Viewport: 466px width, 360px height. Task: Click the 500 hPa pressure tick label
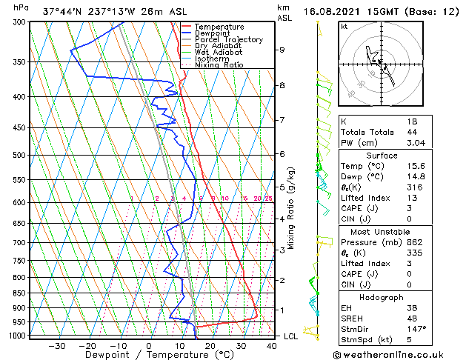tap(21, 156)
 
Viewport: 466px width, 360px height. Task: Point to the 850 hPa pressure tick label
tap(21, 293)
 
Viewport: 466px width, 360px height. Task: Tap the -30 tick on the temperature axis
tap(56, 345)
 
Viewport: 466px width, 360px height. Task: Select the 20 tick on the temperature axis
tap(210, 345)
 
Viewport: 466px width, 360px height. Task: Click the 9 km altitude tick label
tap(282, 50)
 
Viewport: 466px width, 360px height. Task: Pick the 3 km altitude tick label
tap(282, 250)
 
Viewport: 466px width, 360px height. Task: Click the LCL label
tap(291, 336)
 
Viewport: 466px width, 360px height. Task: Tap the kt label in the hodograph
tap(344, 27)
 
